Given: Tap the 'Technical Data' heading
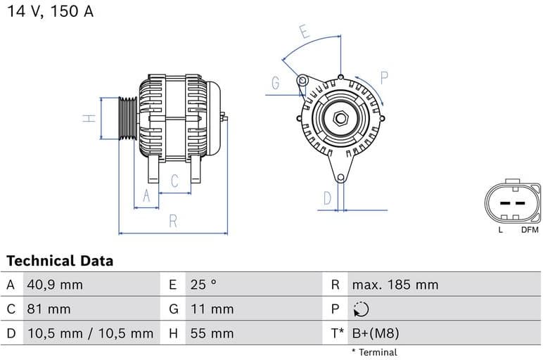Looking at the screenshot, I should pos(60,261).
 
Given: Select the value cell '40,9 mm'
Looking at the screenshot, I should pos(55,285).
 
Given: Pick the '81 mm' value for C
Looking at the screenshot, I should pos(49,309).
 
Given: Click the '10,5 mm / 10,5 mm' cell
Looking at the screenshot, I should pos(90,333).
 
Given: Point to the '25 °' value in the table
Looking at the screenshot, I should pos(204,285).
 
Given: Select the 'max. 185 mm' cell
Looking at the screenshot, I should pos(395,285).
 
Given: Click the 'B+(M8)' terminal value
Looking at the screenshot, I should pos(375,333).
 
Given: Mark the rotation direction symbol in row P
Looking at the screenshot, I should pos(360,309).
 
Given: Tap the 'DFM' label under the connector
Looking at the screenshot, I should pos(530,230).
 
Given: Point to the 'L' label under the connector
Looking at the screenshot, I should pos(500,230).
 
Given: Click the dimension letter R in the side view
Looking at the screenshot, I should pos(173,221).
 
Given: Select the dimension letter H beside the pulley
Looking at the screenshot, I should pos(89,118).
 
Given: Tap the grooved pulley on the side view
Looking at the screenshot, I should pos(127,118).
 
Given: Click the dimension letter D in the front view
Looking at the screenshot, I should pos(327,198).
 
